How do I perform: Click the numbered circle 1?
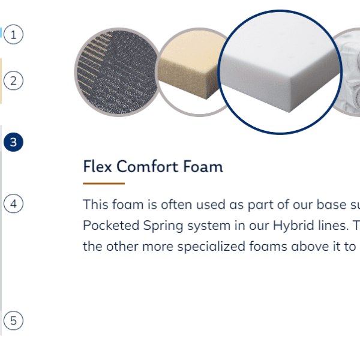pos(13,34)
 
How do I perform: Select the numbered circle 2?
pos(13,80)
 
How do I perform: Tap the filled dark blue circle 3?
pos(13,142)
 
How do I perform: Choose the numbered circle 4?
pos(13,203)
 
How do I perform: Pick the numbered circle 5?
pos(13,320)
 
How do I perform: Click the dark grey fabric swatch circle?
pos(118,72)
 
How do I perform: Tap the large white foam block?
pos(280,71)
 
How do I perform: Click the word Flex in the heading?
pos(98,166)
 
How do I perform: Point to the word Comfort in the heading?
pos(148,166)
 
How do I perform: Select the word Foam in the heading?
pos(203,166)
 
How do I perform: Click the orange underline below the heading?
pos(104,184)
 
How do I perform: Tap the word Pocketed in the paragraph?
pos(111,225)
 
